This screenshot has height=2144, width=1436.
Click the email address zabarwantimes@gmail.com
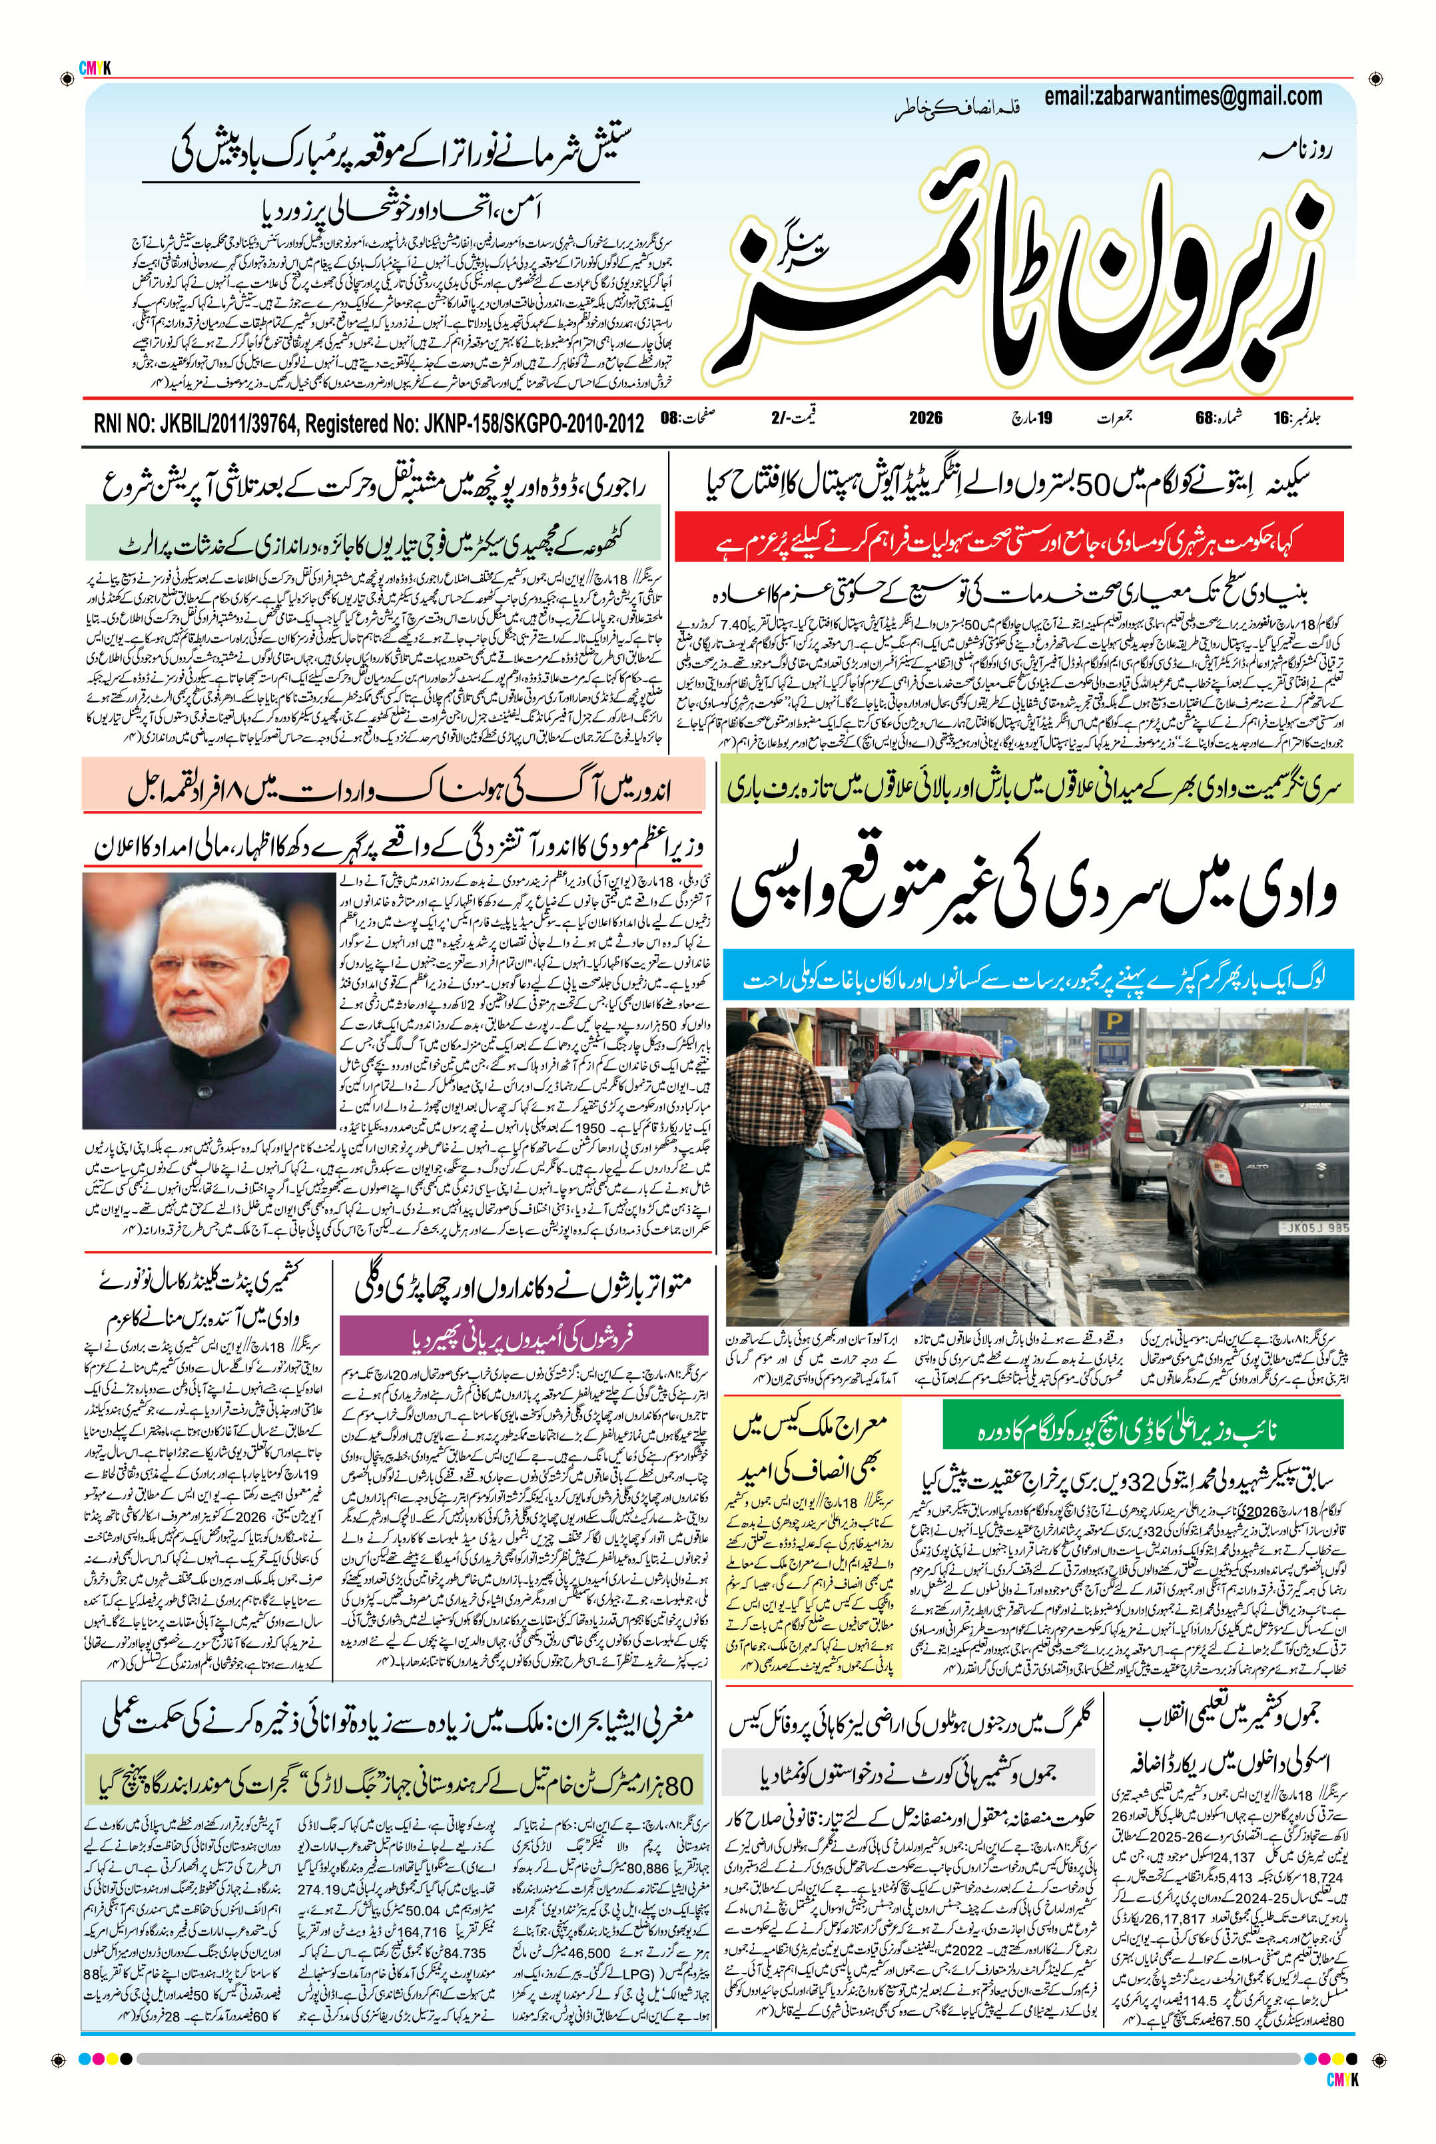(1182, 98)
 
